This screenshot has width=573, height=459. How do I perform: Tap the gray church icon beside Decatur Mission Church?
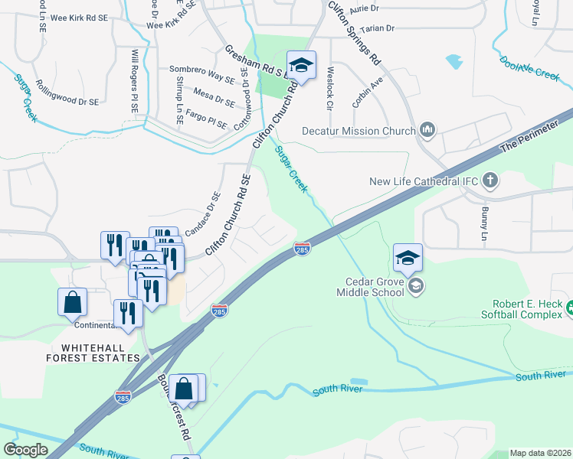(x=427, y=132)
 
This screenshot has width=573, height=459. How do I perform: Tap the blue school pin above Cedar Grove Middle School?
(x=408, y=259)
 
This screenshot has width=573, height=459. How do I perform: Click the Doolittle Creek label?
(x=529, y=66)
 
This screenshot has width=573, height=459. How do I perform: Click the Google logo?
(x=25, y=449)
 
